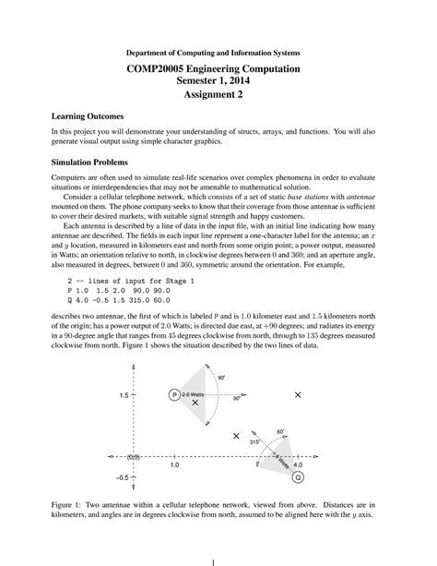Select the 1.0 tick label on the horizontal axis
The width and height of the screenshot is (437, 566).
coord(174,466)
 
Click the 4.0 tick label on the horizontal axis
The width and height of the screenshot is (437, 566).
coord(297,465)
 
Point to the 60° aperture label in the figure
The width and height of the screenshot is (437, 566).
coord(280,431)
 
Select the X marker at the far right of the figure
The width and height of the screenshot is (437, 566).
coord(297,394)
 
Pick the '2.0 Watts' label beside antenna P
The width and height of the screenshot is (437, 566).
coord(194,394)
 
